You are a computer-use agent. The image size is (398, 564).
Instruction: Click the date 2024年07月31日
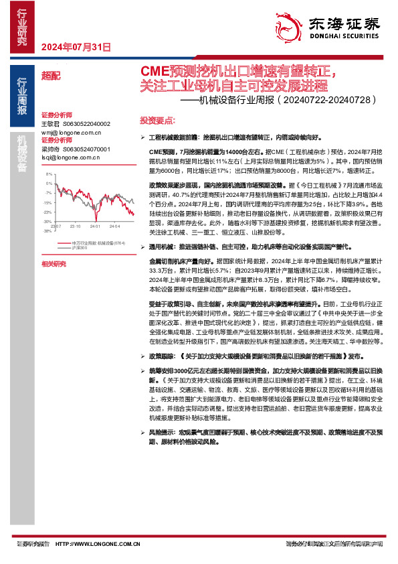coord(75,47)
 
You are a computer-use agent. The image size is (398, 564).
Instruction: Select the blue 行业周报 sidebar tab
coord(22,96)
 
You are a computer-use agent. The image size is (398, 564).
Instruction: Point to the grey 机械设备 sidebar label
coord(22,153)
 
